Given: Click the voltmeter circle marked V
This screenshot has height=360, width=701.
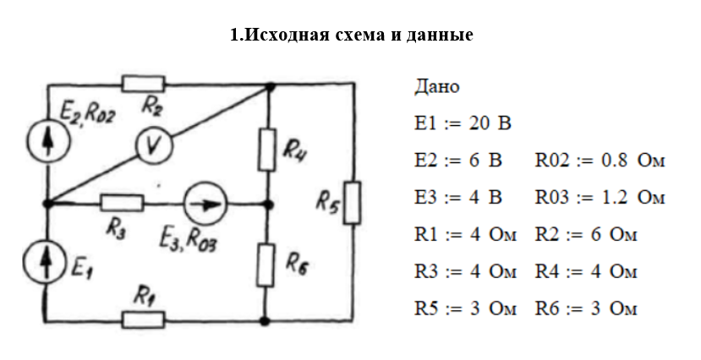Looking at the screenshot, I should (x=155, y=147).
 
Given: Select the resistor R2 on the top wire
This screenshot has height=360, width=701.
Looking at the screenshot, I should (x=143, y=84).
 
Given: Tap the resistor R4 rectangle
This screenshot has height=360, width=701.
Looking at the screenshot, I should (x=267, y=148).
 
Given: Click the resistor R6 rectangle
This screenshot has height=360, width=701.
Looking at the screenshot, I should (x=267, y=263).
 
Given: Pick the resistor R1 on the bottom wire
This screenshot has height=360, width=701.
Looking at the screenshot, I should (x=143, y=319).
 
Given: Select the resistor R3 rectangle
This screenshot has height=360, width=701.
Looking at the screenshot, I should (x=121, y=203).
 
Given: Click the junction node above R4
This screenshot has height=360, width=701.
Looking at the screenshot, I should (x=270, y=85).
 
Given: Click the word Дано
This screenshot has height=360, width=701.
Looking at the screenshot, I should (x=437, y=86).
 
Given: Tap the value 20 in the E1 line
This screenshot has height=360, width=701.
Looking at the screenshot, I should (x=479, y=123).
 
